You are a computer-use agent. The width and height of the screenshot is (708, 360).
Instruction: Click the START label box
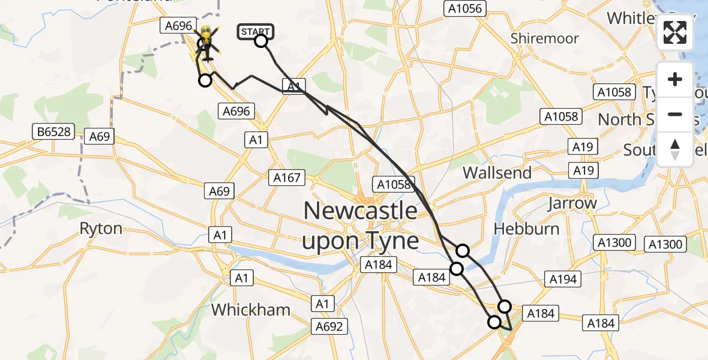[x=256, y=31]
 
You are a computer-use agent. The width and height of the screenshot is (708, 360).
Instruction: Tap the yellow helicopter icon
[x=207, y=41]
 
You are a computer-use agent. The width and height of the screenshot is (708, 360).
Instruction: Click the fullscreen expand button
[x=675, y=32]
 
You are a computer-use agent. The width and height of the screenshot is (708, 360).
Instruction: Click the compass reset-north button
[x=675, y=149]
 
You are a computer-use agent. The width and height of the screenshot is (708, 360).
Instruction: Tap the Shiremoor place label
[x=544, y=38]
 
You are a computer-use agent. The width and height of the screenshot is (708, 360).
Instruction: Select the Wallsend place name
[x=497, y=173]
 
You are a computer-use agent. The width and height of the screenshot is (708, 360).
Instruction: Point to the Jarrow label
[x=572, y=203]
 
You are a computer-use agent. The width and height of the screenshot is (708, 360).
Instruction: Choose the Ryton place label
[x=101, y=229]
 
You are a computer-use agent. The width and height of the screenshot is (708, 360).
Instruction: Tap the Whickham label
[x=251, y=310]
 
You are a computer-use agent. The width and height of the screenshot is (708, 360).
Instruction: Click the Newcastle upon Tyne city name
[x=360, y=226]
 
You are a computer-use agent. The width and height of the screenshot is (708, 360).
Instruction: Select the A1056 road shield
[x=465, y=8]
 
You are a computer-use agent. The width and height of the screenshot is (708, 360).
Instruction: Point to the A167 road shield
[x=288, y=178]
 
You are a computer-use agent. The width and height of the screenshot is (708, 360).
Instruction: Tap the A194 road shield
[x=563, y=278]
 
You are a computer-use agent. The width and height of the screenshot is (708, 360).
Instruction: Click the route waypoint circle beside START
[x=261, y=41]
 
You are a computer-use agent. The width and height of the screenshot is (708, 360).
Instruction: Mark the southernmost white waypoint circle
[x=494, y=322]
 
